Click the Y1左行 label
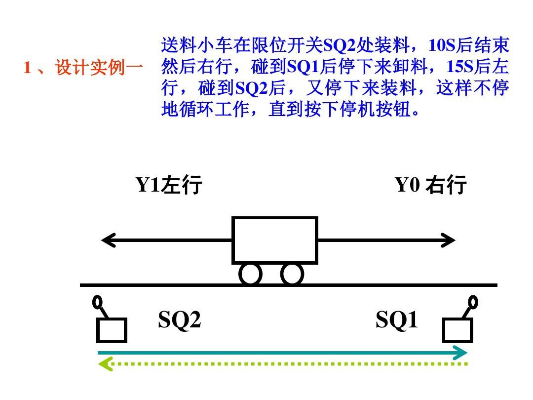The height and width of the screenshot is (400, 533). point(169,185)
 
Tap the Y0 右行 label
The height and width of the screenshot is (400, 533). point(431,185)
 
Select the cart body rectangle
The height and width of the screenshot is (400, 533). point(274,240)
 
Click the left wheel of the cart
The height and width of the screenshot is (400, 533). point(250,274)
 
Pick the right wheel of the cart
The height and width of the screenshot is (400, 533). point(292,274)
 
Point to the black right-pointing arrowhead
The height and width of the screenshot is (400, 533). point(449,240)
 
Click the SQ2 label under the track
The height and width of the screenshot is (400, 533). point(180,321)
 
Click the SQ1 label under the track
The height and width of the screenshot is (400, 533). point(397,321)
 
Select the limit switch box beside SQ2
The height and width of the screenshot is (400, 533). point(112,330)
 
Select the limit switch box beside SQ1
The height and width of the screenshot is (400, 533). point(457,330)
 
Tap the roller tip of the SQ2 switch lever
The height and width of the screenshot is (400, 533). point(98,301)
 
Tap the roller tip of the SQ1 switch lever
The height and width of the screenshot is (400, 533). point(473,301)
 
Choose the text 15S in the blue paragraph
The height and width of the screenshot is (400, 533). point(461,67)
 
